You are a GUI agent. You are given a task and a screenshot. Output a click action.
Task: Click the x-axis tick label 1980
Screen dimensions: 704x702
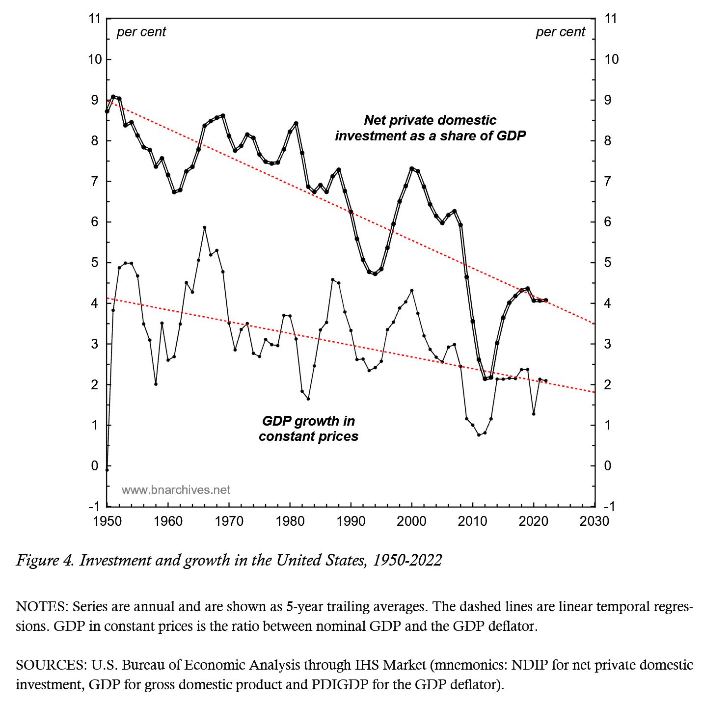point(290,521)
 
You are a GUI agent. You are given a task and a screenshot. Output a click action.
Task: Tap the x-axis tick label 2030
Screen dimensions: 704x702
point(594,521)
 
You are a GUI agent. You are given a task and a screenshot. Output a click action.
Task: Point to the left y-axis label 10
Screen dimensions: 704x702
point(95,59)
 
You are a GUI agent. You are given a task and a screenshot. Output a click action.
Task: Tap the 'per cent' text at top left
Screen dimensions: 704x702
point(141,32)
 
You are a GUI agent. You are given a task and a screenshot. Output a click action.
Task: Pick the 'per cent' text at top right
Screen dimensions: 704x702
point(560,32)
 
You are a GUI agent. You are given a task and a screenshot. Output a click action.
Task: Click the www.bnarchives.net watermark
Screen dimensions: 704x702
point(176,490)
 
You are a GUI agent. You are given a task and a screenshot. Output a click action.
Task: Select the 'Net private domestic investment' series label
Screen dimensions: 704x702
point(430,128)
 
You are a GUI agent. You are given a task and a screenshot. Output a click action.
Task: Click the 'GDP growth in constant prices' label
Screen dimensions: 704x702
point(308,429)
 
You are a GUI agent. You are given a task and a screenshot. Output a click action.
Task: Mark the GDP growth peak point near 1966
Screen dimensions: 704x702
point(205,228)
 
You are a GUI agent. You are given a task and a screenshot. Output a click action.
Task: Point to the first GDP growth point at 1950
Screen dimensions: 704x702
point(107,470)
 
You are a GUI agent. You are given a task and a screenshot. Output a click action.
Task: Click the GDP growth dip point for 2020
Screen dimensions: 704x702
point(534,414)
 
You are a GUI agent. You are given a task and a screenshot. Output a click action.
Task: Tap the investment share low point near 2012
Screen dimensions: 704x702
point(485,379)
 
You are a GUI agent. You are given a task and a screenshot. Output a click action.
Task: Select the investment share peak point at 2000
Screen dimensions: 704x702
point(411,169)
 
